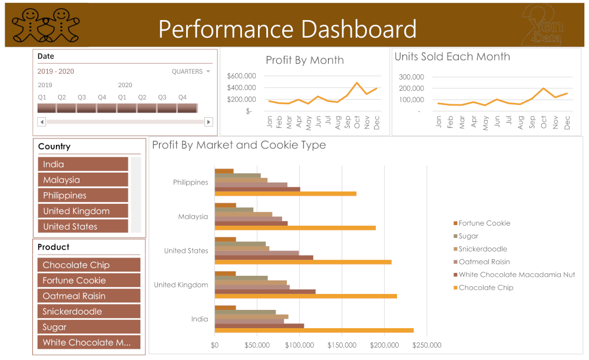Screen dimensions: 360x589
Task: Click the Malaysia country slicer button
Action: coord(82,180)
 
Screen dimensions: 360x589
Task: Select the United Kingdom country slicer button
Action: coord(82,211)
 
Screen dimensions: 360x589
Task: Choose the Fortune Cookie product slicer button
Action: coord(88,280)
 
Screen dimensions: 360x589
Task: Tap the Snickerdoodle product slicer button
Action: coord(88,312)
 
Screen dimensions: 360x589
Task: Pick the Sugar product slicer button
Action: coord(88,327)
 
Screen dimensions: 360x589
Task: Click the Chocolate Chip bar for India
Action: coord(314,331)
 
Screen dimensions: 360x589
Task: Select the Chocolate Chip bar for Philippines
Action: coord(286,193)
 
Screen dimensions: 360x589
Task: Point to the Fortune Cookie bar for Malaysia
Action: coord(226,206)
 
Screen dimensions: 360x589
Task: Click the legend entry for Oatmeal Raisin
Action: coord(484,262)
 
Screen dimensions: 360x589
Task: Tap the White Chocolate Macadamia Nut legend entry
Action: coord(517,275)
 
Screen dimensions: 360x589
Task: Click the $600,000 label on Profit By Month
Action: coord(241,76)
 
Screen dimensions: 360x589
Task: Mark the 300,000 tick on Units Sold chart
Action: coord(411,77)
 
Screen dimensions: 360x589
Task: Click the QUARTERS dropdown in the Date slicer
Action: coord(191,72)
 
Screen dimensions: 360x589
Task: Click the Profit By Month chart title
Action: coord(305,60)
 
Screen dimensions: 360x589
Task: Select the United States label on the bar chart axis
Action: coord(186,251)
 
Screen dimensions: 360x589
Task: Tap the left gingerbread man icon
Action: coord(28,25)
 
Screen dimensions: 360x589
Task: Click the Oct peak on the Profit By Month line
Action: coord(357,83)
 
